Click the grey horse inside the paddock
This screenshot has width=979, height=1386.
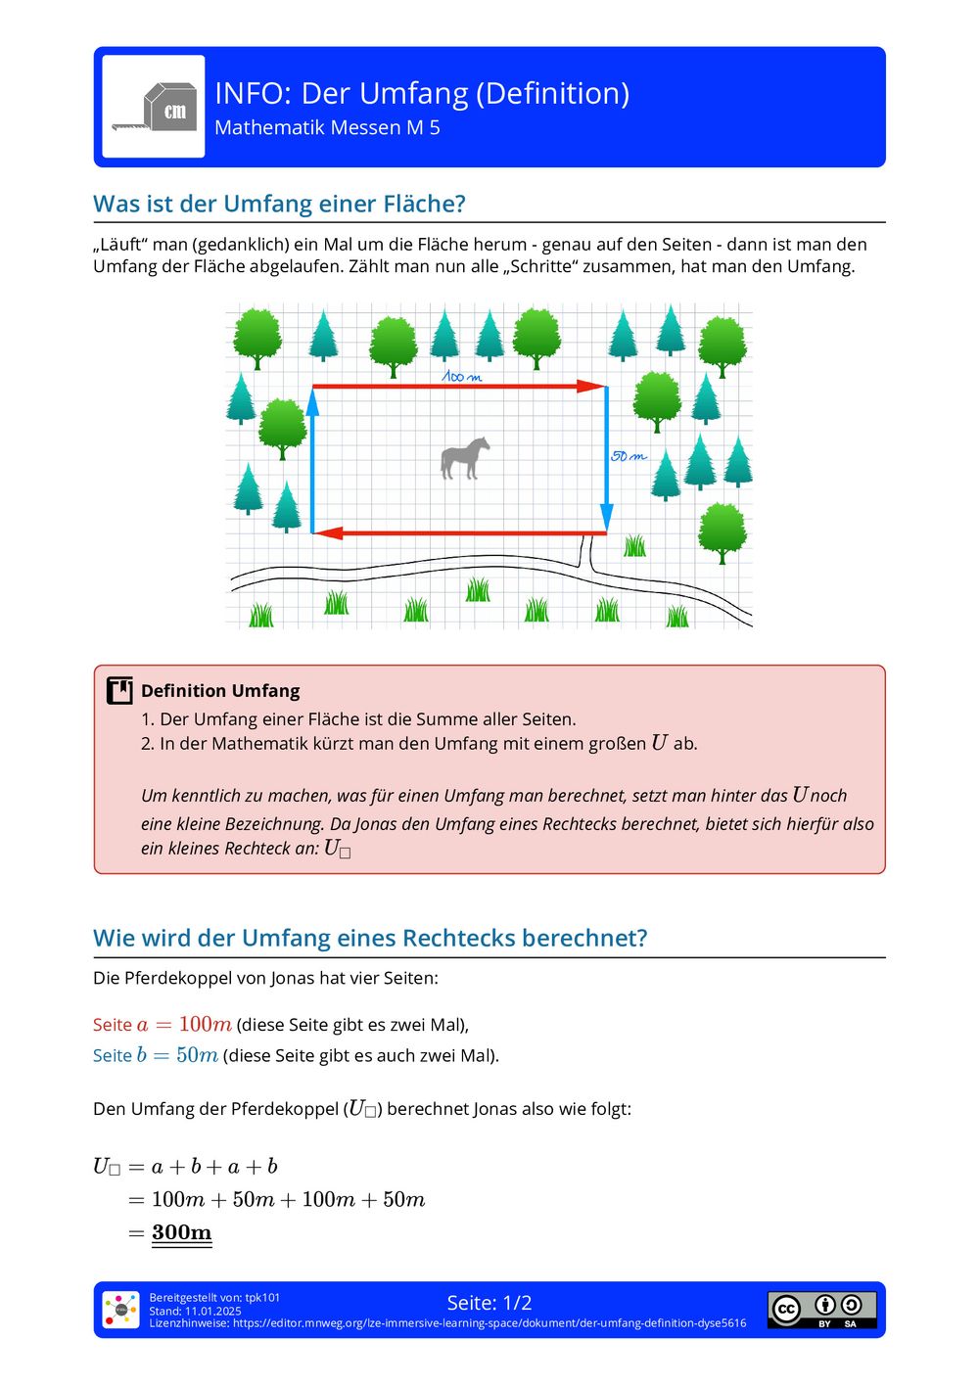coord(465,458)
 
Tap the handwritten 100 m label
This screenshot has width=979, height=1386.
coord(461,376)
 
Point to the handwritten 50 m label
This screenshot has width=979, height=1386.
coord(629,456)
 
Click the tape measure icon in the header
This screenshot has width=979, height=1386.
coord(154,107)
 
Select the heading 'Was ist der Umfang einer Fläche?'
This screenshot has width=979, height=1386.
coord(279,204)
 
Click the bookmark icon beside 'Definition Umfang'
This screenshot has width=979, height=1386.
coord(119,690)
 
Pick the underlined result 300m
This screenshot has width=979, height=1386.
coord(182,1232)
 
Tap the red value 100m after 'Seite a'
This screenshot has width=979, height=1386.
coord(205,1025)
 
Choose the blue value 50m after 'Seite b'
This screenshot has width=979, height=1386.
coord(197,1055)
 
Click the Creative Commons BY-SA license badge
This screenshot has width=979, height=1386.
coord(821,1309)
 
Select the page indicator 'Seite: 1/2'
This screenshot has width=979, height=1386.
coord(489,1303)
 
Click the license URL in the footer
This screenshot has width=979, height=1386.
coord(489,1323)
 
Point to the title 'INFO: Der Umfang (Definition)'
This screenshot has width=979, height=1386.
coord(422,93)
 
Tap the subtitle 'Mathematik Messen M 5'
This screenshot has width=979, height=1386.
coord(327,128)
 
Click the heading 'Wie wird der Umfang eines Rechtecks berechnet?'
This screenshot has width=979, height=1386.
coord(370,938)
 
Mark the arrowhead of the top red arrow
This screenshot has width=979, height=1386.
coord(592,386)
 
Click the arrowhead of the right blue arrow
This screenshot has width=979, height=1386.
coord(607,518)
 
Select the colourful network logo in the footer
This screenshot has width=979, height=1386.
coord(121,1310)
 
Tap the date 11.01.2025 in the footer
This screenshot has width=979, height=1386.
coord(212,1311)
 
